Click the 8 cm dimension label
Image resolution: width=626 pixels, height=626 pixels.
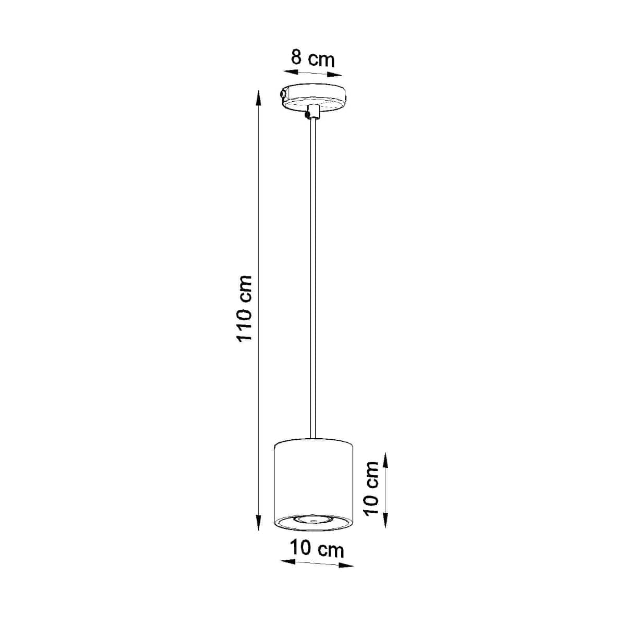coord(312,58)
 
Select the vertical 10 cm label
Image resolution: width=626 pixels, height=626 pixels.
coord(371,488)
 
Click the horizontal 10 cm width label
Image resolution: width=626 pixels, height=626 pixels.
coord(317,549)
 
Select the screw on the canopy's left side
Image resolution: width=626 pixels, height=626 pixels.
coord(282,94)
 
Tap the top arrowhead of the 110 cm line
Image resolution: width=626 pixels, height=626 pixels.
coord(257,95)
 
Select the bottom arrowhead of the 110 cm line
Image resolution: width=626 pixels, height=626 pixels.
coord(258,528)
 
